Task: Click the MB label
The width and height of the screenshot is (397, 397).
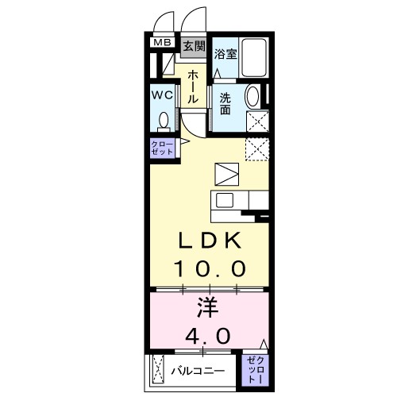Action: tap(162, 43)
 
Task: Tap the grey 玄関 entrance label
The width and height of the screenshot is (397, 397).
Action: tap(193, 46)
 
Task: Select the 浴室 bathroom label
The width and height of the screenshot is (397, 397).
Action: tap(225, 54)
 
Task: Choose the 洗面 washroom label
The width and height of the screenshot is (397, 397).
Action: tap(225, 103)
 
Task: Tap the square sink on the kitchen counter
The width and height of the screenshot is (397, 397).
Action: tap(225, 200)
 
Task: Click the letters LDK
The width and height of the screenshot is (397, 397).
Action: tap(208, 241)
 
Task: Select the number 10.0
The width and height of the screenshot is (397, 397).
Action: tap(209, 268)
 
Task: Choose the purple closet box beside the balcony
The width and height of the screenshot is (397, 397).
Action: tap(254, 369)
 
